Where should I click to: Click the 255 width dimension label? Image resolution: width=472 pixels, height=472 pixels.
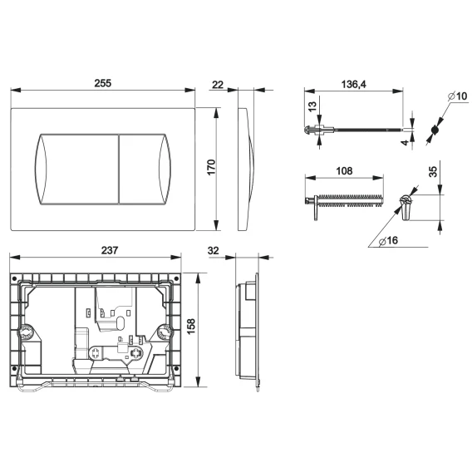click(x=103, y=83)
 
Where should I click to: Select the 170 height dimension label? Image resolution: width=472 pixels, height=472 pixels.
click(x=211, y=167)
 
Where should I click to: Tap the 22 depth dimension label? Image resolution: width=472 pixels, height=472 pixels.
click(x=218, y=85)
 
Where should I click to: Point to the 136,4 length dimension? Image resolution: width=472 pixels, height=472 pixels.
click(x=353, y=84)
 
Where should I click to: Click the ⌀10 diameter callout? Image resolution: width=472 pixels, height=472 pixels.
click(x=457, y=96)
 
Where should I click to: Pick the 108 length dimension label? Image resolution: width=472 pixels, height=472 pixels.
click(x=344, y=171)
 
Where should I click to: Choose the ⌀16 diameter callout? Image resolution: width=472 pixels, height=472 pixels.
click(x=388, y=240)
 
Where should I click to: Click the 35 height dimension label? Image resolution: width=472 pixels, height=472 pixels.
click(x=433, y=172)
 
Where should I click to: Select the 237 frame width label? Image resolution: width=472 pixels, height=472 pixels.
click(x=110, y=250)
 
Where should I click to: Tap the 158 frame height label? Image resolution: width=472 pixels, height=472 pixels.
click(x=191, y=327)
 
